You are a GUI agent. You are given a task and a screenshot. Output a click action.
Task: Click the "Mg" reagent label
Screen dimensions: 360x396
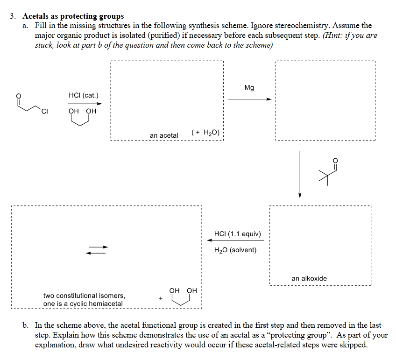tap(249, 88)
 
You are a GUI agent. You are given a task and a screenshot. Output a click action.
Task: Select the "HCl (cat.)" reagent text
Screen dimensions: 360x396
tap(84, 95)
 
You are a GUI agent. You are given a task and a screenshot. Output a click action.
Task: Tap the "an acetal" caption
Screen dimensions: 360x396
tap(164, 135)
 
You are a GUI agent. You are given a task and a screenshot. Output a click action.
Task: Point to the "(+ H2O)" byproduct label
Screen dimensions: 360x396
tap(206, 133)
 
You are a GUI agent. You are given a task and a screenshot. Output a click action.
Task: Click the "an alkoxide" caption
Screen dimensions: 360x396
tap(309, 278)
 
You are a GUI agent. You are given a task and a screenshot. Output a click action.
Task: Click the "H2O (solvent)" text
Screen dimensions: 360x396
tap(235, 250)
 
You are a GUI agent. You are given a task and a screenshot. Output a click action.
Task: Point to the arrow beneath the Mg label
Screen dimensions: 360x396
tap(249, 99)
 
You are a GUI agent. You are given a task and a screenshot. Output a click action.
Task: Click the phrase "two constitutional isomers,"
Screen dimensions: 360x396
tap(84, 296)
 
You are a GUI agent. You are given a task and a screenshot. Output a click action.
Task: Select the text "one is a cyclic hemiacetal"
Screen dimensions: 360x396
tap(83, 304)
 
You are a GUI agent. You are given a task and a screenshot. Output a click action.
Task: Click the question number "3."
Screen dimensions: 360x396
tap(14, 16)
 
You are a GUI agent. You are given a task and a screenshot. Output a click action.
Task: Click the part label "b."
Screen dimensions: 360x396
tap(27, 325)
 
